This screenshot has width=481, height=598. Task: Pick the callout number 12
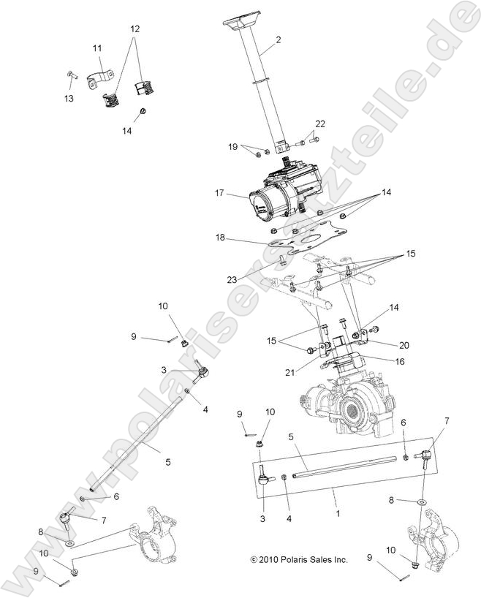tap(135, 29)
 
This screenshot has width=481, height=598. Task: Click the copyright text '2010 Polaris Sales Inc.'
tap(298, 560)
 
